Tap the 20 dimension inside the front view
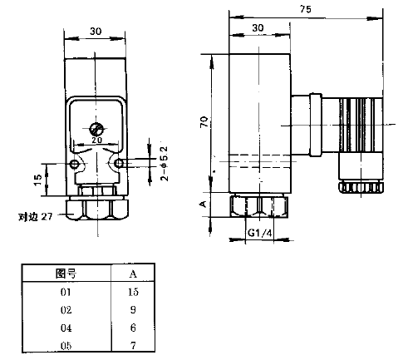click(97, 141)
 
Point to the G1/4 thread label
click(260, 234)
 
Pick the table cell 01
click(66, 292)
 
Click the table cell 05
click(66, 344)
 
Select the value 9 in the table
click(133, 309)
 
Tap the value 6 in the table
click(133, 327)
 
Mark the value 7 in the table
click(133, 344)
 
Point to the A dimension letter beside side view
click(204, 202)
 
